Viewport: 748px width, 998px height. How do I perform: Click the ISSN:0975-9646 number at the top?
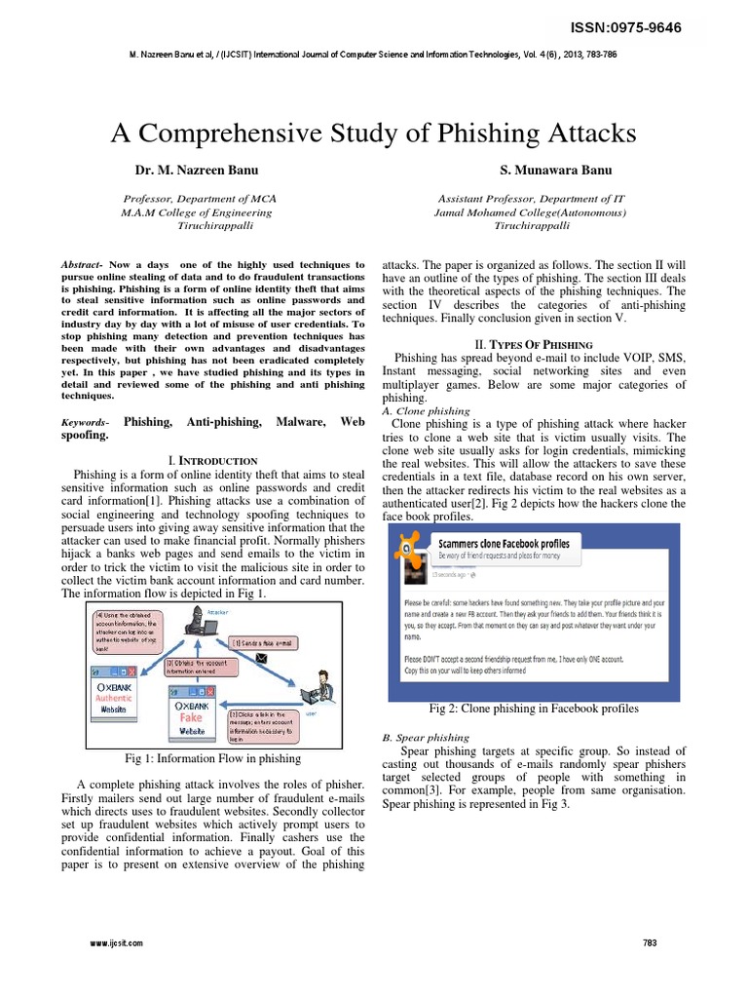pyautogui.click(x=633, y=26)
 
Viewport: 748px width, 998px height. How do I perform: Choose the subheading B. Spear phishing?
pyautogui.click(x=426, y=738)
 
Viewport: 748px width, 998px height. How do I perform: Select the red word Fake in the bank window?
pyautogui.click(x=192, y=717)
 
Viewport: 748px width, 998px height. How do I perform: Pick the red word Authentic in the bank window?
pyautogui.click(x=114, y=698)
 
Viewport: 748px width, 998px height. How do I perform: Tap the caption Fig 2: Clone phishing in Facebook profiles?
pyautogui.click(x=534, y=709)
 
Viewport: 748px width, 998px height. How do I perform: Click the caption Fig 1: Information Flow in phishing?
pyautogui.click(x=212, y=757)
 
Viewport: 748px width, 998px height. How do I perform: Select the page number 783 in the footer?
pyautogui.click(x=652, y=942)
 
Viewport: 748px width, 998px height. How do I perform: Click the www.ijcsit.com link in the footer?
pyautogui.click(x=117, y=942)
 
